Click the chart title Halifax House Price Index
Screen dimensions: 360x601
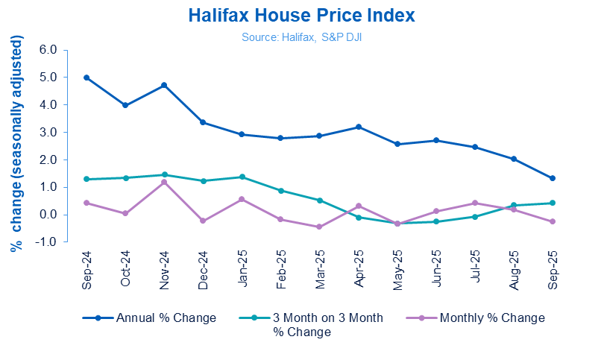click(x=300, y=16)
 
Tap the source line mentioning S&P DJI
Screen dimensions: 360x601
click(x=300, y=36)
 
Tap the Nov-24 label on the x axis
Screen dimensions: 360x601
click(x=164, y=266)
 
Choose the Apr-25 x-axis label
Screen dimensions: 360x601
click(x=359, y=266)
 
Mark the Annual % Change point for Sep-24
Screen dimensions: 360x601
click(x=86, y=78)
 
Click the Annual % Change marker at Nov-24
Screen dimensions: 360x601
click(x=164, y=85)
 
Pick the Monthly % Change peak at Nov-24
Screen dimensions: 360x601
click(x=164, y=182)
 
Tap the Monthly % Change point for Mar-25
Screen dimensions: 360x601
click(x=320, y=227)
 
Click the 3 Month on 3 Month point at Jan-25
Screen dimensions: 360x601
click(x=242, y=177)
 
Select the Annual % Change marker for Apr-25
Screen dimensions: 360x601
click(x=359, y=127)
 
